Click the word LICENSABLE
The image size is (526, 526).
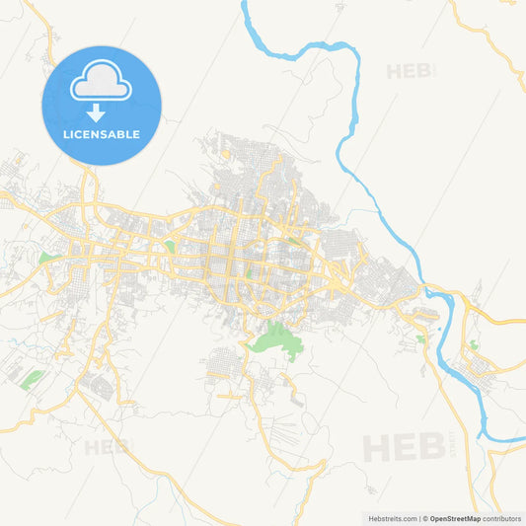point(102,134)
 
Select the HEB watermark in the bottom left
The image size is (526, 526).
point(106,447)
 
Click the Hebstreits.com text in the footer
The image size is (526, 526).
point(391,517)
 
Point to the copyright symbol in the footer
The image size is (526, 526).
point(426,517)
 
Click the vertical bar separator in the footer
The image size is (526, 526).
point(419,517)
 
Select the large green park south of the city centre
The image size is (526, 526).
point(275,338)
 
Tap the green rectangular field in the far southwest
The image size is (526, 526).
point(32,379)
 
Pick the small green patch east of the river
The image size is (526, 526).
point(473,344)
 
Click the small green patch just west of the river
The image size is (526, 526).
point(421,338)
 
